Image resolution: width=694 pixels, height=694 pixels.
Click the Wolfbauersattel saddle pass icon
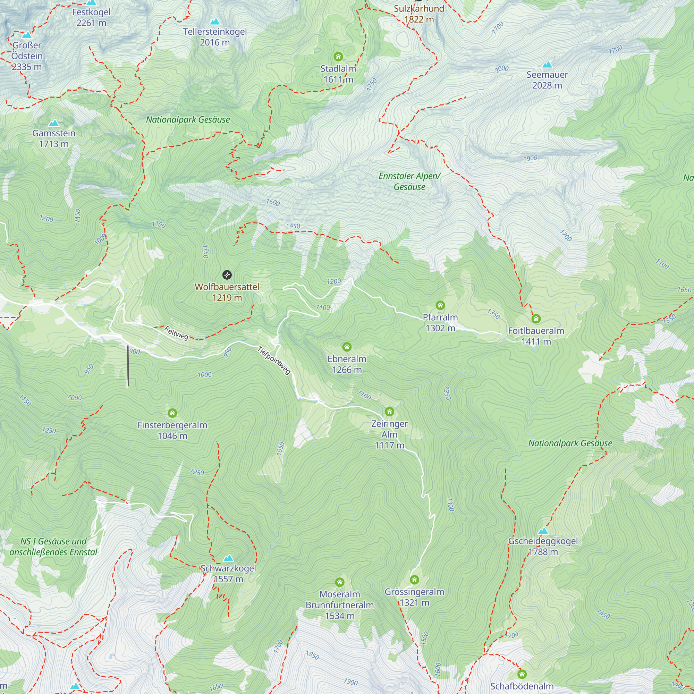pyautogui.click(x=227, y=275)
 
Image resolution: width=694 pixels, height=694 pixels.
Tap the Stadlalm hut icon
pyautogui.click(x=338, y=57)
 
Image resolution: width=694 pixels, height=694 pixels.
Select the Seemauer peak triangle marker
pyautogui.click(x=547, y=65)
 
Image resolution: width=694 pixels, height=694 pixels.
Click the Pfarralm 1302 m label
pyautogui.click(x=440, y=323)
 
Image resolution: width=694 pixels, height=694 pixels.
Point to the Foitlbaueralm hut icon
pyautogui.click(x=536, y=319)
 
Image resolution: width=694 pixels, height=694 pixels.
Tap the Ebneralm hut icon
pyautogui.click(x=347, y=347)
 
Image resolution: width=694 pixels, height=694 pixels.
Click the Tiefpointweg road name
pyautogui.click(x=274, y=360)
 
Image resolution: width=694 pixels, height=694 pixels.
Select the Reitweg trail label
pyautogui.click(x=176, y=333)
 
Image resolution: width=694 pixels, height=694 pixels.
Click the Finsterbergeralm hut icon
pyautogui.click(x=172, y=413)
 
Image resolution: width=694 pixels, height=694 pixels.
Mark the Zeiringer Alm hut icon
pyautogui.click(x=389, y=412)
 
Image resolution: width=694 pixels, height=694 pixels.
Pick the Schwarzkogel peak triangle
pyautogui.click(x=228, y=558)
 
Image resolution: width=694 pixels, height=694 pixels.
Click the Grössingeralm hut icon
pyautogui.click(x=414, y=580)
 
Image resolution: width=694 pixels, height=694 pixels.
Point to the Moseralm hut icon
pyautogui.click(x=339, y=582)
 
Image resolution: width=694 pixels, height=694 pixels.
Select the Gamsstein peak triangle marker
pyautogui.click(x=53, y=123)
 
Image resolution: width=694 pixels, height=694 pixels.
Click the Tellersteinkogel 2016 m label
pyautogui.click(x=215, y=37)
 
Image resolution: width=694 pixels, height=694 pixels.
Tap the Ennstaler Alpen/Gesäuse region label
pyautogui.click(x=409, y=181)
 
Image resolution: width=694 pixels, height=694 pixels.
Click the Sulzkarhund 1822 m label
pyautogui.click(x=419, y=14)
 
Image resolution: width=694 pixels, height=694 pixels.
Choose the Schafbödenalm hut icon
pyautogui.click(x=522, y=674)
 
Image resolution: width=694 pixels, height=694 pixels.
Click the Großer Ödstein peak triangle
pyautogui.click(x=27, y=35)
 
